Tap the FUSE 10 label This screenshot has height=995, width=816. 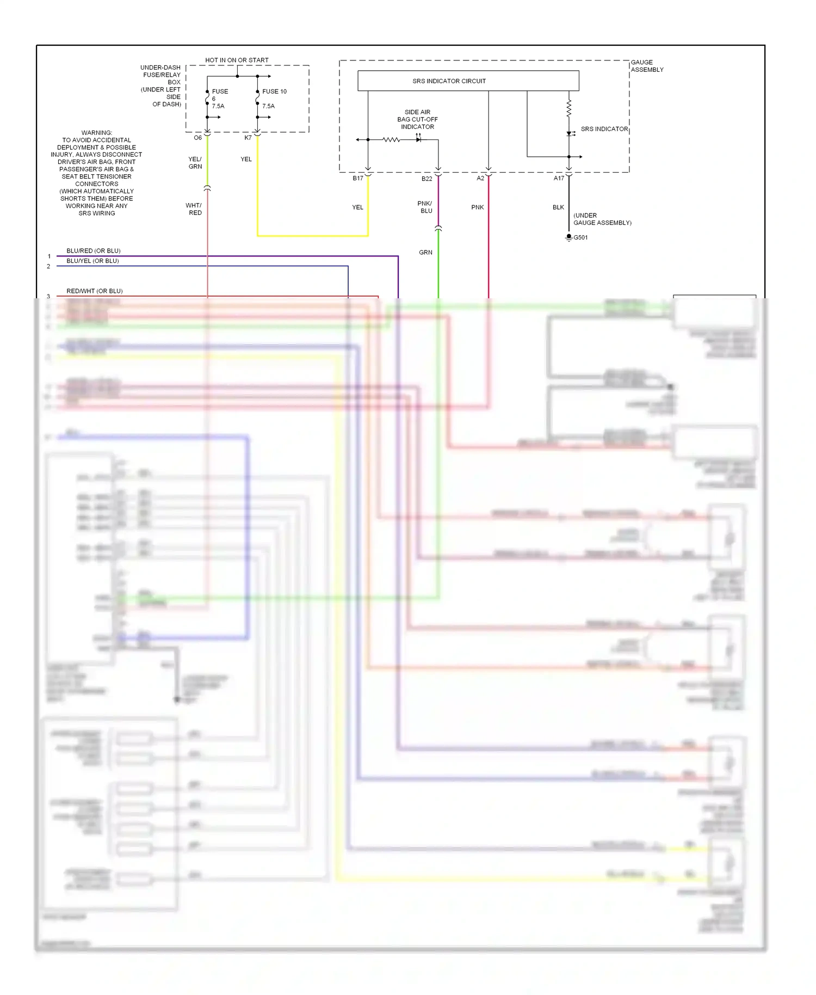[x=274, y=91]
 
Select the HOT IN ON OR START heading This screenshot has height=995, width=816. [x=237, y=60]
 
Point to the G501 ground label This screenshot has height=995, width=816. [x=580, y=238]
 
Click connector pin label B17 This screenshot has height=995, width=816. [x=358, y=179]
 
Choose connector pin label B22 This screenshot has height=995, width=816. [x=426, y=179]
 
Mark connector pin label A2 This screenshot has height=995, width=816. [x=480, y=179]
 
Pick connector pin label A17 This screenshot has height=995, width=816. [x=559, y=179]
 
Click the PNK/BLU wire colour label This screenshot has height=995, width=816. [x=425, y=207]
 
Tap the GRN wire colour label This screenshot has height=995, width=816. [x=425, y=253]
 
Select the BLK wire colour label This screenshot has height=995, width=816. [x=558, y=207]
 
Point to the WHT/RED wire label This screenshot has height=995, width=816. [x=194, y=209]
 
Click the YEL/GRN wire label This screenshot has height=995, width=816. [x=195, y=163]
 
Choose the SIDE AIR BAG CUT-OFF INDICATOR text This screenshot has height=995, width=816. [x=417, y=120]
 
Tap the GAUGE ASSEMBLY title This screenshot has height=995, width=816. [x=647, y=66]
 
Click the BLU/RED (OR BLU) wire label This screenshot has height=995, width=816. [x=94, y=251]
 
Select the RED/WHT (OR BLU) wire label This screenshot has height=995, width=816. [x=95, y=291]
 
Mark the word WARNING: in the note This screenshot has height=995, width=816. [x=97, y=133]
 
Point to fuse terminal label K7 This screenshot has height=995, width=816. [x=248, y=138]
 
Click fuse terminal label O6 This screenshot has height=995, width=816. [x=197, y=138]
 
